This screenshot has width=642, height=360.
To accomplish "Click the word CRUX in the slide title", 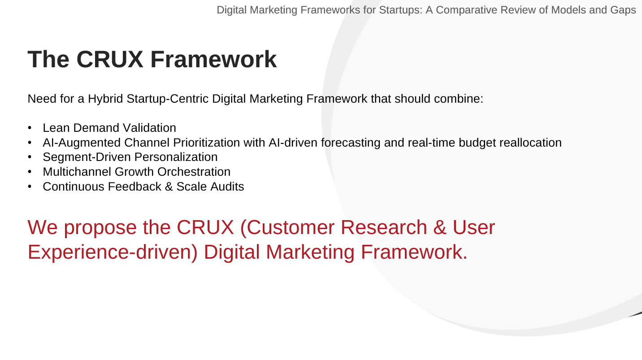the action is pos(110,59).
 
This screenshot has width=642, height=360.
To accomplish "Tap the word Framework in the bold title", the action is pos(213,59).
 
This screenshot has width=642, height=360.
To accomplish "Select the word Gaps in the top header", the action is pos(623,10).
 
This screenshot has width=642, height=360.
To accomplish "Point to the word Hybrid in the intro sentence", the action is pos(105,99).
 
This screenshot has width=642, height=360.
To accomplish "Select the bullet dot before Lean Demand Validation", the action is pos(30,128).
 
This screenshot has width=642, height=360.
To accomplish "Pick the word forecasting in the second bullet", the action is pos(351,143).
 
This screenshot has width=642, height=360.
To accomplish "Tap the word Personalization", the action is pos(176,157).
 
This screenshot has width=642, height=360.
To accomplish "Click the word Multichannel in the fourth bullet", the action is pos(77,172).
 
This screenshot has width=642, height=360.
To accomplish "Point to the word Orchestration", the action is pos(194,172).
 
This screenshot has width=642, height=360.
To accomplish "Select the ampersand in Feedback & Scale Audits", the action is pos(169,187).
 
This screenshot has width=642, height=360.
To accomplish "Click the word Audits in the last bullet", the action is pos(227,187).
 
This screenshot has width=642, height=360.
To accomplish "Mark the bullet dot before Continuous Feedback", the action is pos(30,187).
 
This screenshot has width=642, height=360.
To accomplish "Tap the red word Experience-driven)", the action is pos(113,252).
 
